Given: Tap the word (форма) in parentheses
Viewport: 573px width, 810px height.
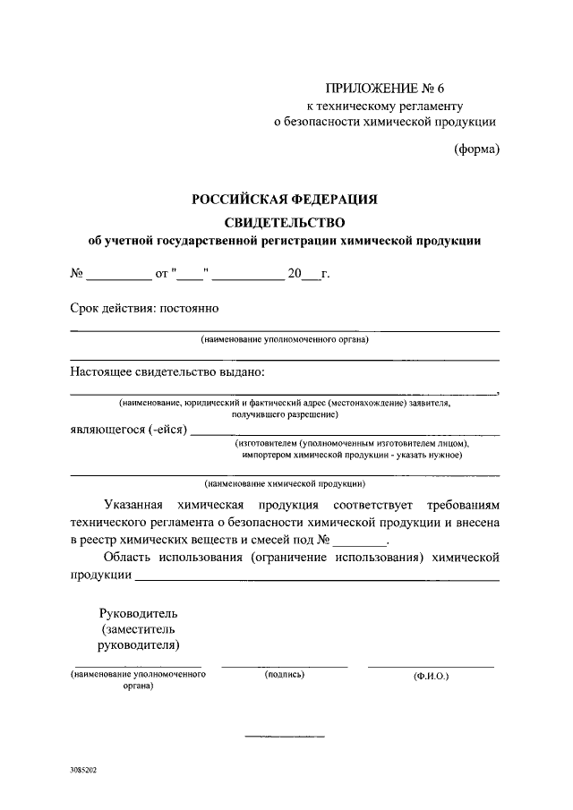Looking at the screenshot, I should click(x=475, y=149).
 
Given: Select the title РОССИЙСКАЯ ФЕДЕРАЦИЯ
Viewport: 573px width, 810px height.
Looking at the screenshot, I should click(x=284, y=200).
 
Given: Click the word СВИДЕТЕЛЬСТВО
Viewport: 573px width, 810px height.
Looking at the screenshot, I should click(x=284, y=220).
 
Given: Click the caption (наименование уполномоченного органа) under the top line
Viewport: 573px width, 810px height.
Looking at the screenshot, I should click(x=285, y=339).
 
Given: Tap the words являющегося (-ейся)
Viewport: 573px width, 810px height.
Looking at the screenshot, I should click(x=128, y=430).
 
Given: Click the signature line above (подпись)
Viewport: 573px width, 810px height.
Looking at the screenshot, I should click(x=285, y=667).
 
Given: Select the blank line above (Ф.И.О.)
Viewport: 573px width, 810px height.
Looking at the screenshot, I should click(x=431, y=667).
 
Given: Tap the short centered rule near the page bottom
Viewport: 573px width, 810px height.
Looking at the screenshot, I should click(x=285, y=737).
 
